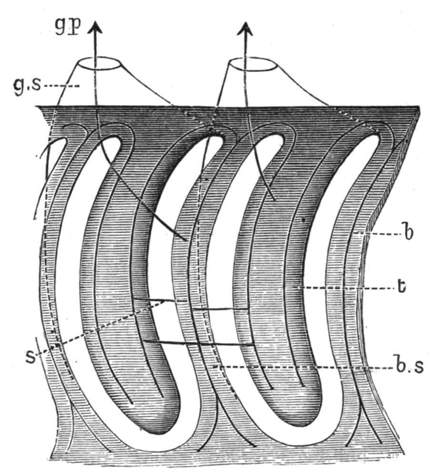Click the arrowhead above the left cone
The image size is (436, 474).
[x=94, y=27]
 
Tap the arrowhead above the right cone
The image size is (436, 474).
[x=246, y=27]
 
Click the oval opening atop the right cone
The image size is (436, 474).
[x=252, y=64]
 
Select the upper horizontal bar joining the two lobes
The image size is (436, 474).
[x=190, y=304]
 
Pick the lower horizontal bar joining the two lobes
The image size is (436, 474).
[x=198, y=343]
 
